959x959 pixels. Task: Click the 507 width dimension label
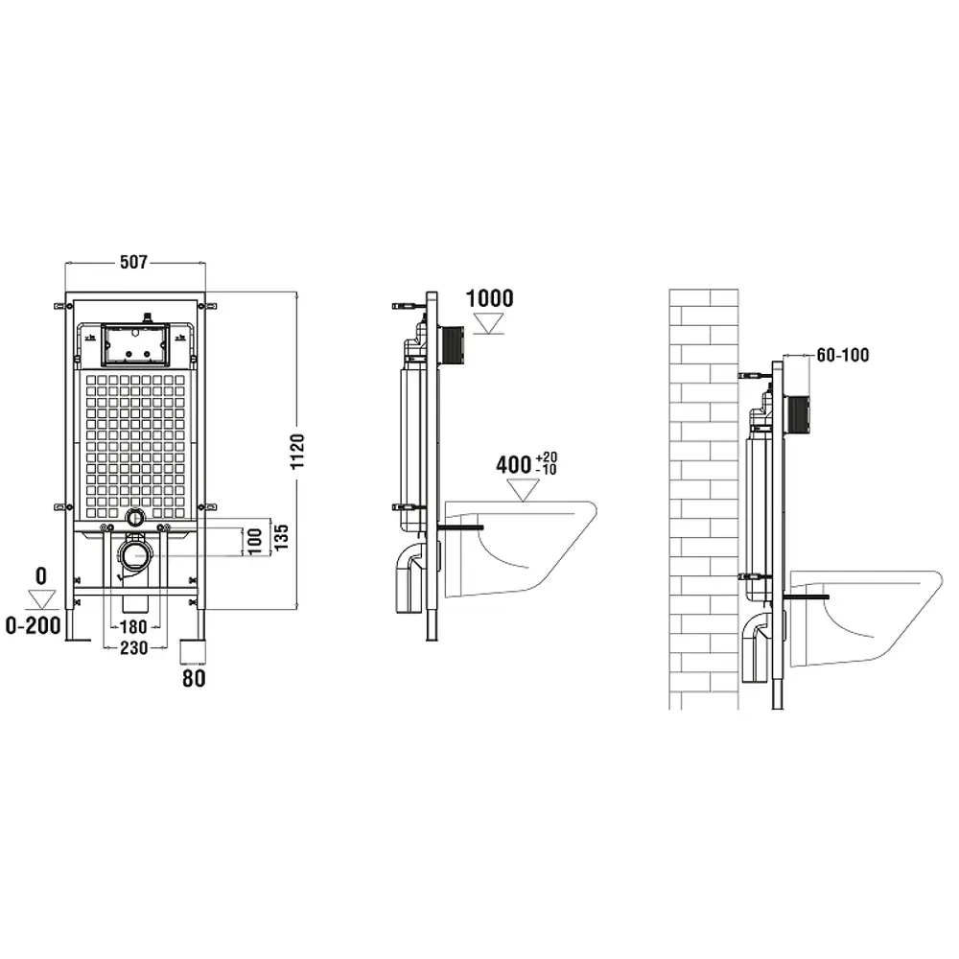tap(133, 263)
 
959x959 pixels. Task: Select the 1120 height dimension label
tap(297, 452)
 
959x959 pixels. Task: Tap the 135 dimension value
tap(281, 537)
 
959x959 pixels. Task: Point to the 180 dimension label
tap(133, 627)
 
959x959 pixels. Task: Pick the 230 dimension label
tap(133, 647)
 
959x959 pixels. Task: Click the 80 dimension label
tap(194, 678)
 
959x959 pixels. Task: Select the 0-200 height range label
tap(33, 625)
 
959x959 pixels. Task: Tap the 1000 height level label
tap(489, 298)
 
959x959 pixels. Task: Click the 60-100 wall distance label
tap(843, 355)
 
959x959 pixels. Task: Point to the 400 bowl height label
tap(513, 465)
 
